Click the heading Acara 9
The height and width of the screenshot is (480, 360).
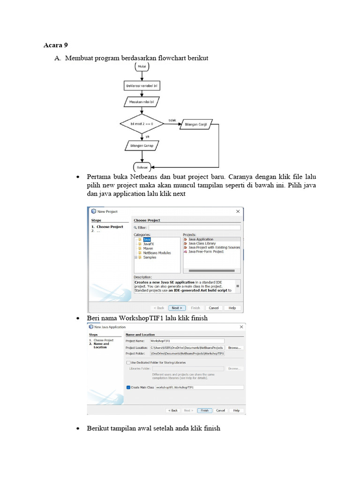click(56, 45)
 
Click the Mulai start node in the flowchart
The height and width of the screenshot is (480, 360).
click(142, 67)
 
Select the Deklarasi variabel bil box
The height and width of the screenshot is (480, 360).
click(142, 86)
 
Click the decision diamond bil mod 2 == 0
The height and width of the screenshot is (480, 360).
click(142, 124)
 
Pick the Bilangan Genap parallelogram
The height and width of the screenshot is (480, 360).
click(142, 146)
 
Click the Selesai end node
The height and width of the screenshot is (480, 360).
click(142, 167)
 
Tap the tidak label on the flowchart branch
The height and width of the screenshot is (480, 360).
click(172, 120)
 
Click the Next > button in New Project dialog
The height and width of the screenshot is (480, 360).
click(177, 308)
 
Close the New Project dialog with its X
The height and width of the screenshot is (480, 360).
click(238, 211)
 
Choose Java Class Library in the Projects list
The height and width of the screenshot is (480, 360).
click(202, 244)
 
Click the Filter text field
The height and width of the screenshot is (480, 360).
click(194, 227)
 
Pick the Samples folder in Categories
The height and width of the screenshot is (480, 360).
click(150, 257)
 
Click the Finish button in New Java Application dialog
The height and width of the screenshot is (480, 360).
click(204, 410)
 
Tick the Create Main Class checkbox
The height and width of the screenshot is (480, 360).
click(128, 388)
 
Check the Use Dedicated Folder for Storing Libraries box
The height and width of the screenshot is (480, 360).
click(128, 362)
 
